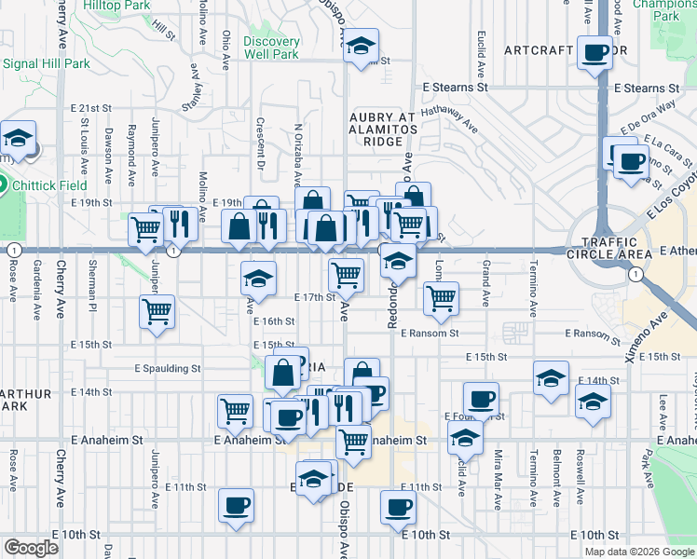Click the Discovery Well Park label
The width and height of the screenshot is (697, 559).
click(x=271, y=48)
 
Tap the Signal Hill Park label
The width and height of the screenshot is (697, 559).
click(x=47, y=64)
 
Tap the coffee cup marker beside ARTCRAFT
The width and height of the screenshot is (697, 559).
click(x=594, y=53)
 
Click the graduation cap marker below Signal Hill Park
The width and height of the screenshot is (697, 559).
click(x=17, y=139)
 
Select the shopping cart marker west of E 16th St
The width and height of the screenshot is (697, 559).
click(x=157, y=312)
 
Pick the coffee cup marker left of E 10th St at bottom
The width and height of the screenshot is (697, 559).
click(x=236, y=506)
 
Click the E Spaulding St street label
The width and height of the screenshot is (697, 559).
click(x=168, y=368)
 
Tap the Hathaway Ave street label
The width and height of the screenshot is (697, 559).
click(x=447, y=118)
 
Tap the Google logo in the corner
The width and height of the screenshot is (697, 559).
click(x=31, y=548)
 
